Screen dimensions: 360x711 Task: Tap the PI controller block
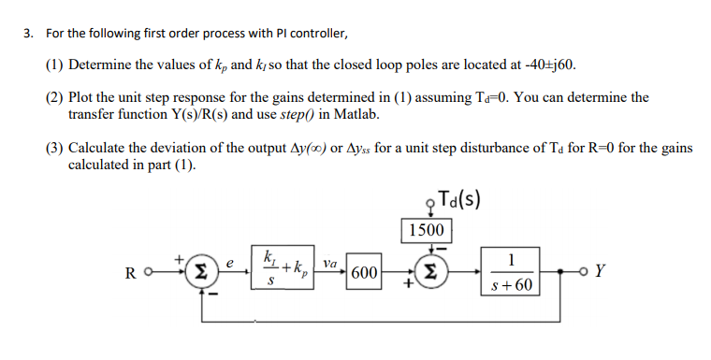coord(285,271)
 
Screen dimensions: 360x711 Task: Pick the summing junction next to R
coord(199,273)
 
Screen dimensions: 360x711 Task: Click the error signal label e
coord(226,265)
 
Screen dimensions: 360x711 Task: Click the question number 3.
coord(28,35)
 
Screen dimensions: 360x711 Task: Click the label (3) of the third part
coord(55,148)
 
